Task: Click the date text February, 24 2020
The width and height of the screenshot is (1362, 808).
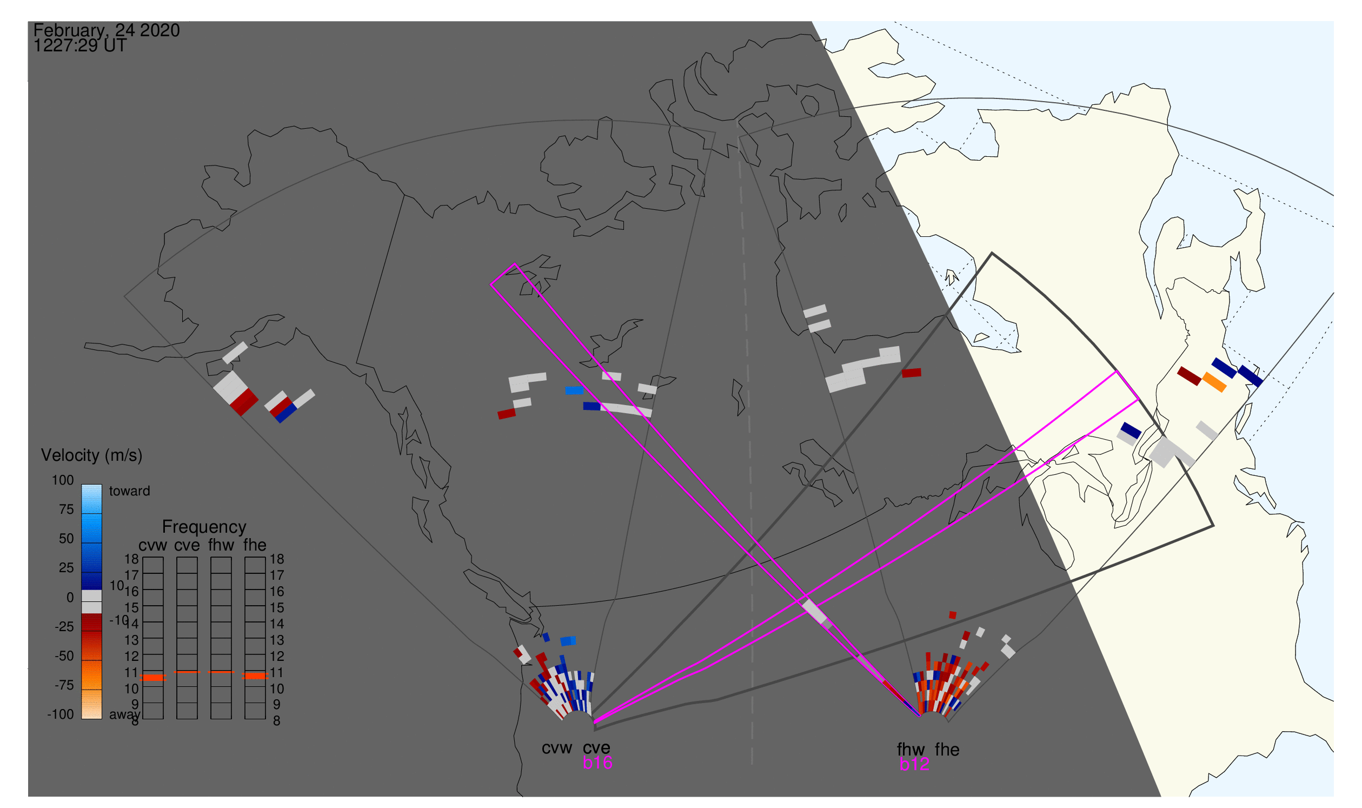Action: pos(107,30)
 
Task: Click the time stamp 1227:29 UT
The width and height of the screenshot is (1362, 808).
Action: pos(80,46)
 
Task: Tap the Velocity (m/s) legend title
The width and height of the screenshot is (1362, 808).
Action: pos(92,456)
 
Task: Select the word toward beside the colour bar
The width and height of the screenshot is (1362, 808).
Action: pos(130,491)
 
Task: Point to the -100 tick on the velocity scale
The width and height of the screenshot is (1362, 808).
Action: pos(61,714)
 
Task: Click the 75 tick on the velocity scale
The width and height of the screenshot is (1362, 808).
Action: pos(66,509)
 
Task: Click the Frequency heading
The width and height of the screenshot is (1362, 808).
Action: pos(204,527)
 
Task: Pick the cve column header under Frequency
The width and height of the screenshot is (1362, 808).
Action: pos(187,546)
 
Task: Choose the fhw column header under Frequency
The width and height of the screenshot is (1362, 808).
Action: pos(221,546)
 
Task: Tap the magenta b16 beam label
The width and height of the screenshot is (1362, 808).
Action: pos(597,763)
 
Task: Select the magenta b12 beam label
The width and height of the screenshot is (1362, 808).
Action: pos(914,765)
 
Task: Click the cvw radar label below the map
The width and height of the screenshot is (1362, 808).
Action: pos(556,749)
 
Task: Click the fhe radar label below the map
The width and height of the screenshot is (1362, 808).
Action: pos(947,750)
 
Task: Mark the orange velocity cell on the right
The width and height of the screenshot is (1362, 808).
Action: pos(1214,382)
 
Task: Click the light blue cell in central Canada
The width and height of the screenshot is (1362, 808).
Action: pos(574,390)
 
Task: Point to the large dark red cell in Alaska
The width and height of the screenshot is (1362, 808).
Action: pos(244,402)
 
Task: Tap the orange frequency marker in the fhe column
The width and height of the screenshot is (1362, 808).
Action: pos(255,676)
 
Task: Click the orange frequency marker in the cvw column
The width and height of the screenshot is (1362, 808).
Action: pos(153,677)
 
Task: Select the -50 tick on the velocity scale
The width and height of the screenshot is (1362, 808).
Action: pos(64,656)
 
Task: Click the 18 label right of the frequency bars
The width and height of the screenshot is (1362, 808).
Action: pos(277,559)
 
